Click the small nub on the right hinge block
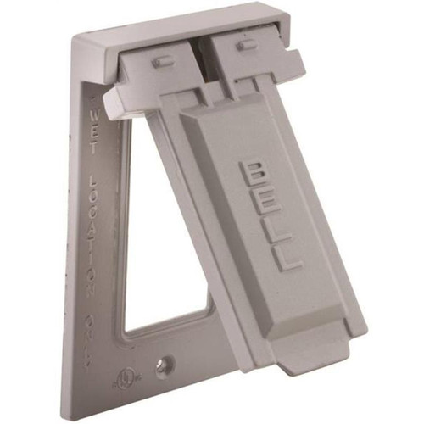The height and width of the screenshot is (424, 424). pyautogui.click(x=246, y=46)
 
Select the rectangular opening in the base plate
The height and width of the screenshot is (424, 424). pyautogui.click(x=161, y=246)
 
